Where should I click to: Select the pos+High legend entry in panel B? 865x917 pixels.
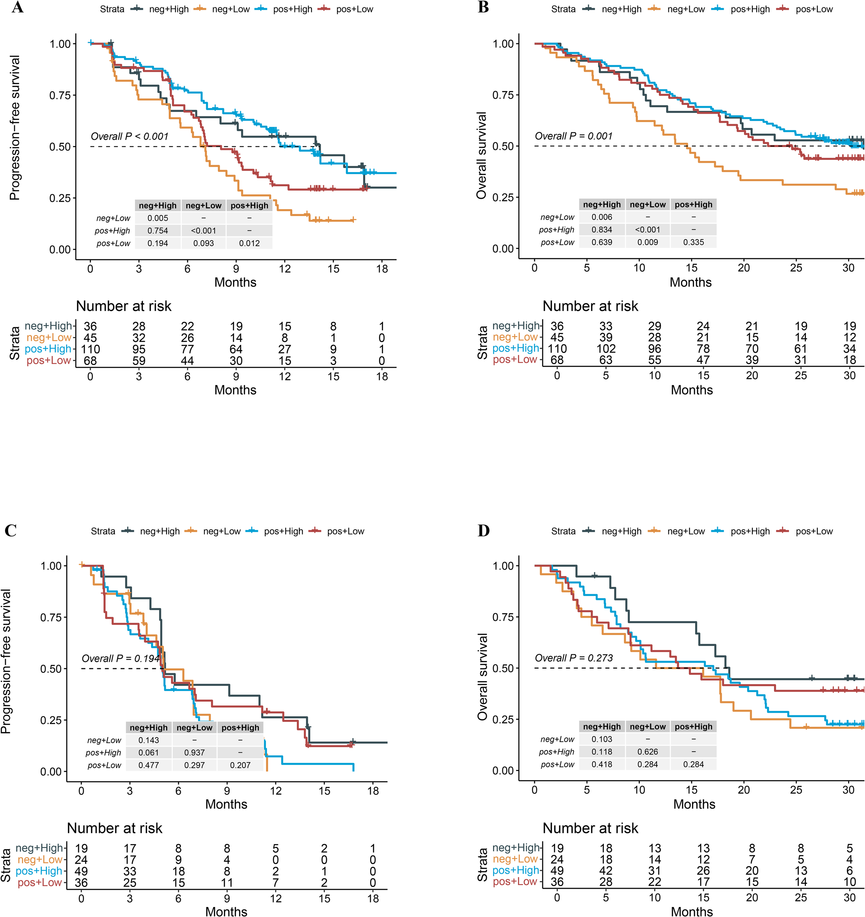click(x=750, y=9)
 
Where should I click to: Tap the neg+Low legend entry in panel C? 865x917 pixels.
click(x=222, y=531)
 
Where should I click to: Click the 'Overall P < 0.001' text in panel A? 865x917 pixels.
click(x=129, y=136)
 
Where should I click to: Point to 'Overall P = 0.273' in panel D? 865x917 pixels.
click(x=573, y=658)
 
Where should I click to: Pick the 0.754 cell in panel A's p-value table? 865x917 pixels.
click(x=158, y=231)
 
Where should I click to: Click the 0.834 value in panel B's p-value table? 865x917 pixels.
click(x=602, y=230)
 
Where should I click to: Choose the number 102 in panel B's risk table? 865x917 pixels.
click(x=606, y=349)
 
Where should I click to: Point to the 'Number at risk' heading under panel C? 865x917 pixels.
click(x=114, y=829)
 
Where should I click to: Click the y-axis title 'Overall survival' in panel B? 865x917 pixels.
click(x=482, y=156)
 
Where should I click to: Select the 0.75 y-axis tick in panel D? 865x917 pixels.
click(x=503, y=617)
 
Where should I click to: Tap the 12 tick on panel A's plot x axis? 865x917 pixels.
click(x=285, y=268)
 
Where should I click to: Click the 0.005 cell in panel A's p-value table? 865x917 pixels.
click(x=158, y=218)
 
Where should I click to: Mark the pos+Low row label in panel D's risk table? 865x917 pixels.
click(x=515, y=882)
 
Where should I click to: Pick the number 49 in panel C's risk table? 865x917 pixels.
click(x=81, y=872)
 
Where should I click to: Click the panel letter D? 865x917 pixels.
click(x=483, y=530)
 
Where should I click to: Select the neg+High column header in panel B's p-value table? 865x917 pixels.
click(x=602, y=204)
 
